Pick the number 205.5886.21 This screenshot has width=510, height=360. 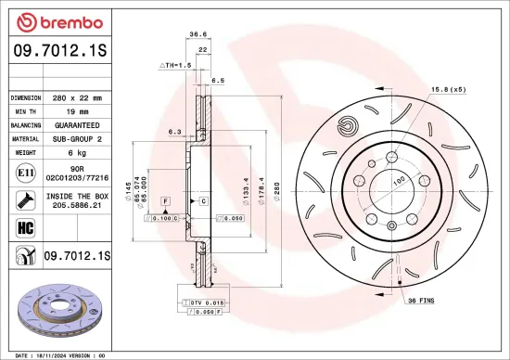[78, 205]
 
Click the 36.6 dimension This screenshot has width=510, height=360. [198, 34]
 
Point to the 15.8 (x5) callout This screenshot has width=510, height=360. [447, 89]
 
